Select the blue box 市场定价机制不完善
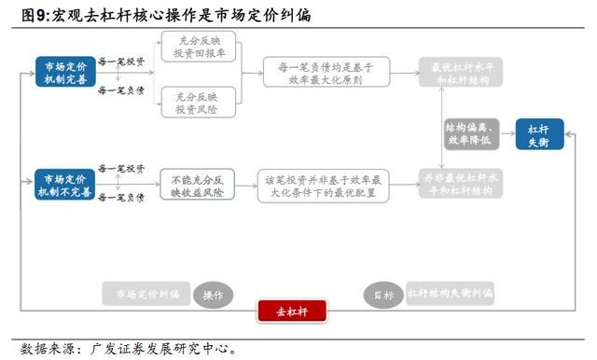pyautogui.click(x=64, y=184)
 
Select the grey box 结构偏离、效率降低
pyautogui.click(x=472, y=134)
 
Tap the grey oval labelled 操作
pyautogui.click(x=212, y=295)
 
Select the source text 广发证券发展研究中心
pyautogui.click(x=163, y=350)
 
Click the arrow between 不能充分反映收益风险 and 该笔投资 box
pyautogui.click(x=242, y=184)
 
